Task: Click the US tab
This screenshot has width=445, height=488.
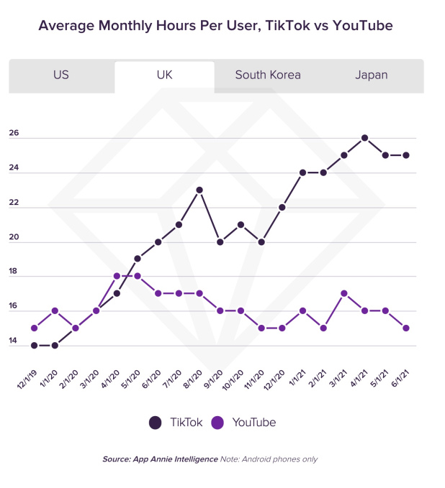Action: tap(61, 75)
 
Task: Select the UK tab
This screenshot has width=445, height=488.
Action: tap(164, 75)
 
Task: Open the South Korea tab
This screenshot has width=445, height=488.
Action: tap(268, 75)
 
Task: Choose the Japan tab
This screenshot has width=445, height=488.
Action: tap(372, 75)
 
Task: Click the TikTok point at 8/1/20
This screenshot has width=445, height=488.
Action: tap(199, 190)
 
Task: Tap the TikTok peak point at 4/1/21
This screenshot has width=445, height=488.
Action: tap(365, 138)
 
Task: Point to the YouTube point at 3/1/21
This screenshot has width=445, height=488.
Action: tap(344, 293)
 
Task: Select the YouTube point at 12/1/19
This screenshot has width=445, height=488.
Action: tap(35, 328)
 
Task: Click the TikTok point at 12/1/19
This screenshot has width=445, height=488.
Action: tap(35, 345)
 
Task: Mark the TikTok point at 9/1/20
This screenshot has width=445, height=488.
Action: tap(220, 241)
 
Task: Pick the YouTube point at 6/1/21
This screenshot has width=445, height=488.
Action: tap(407, 328)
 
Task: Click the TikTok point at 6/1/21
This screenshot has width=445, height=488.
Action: tap(407, 155)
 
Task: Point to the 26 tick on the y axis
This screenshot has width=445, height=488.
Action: tap(14, 134)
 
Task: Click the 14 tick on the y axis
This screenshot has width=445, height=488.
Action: tap(14, 341)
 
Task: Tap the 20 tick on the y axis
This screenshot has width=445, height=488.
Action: tap(14, 238)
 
